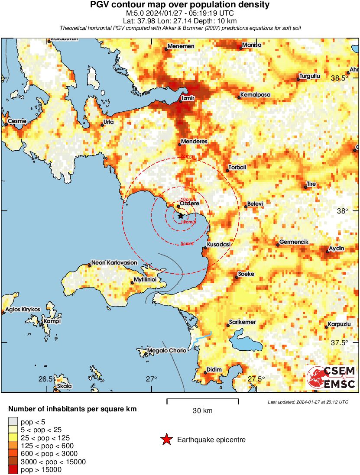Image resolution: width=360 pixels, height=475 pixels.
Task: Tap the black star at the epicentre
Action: point(181,215)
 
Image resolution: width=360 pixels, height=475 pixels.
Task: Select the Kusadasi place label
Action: point(219,245)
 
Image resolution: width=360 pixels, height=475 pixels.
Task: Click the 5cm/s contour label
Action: point(187,244)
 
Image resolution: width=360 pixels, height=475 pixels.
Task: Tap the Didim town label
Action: point(214,369)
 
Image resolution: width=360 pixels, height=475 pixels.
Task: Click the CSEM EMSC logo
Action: point(332,377)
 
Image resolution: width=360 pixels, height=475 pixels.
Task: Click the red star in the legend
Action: point(166,440)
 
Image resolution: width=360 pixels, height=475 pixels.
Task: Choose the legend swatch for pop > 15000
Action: point(13,469)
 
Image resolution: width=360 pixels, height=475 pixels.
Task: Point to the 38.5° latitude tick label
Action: point(339,78)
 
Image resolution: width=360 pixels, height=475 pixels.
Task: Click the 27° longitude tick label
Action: point(151,379)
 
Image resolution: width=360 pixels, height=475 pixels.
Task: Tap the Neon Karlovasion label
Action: point(114,263)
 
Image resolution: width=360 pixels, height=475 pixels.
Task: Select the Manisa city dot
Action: point(241,48)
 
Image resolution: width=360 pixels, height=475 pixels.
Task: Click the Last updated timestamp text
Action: point(308,402)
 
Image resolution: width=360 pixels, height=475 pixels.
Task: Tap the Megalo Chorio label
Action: point(167,350)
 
